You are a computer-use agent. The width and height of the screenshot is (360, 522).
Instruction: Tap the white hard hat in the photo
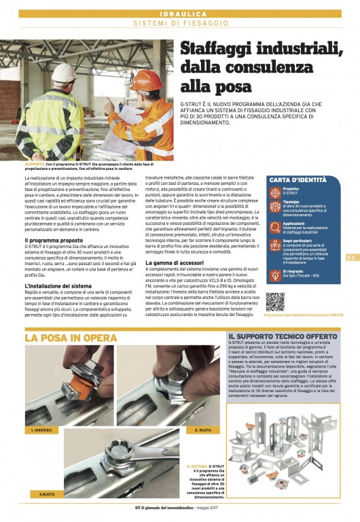[x=64, y=71]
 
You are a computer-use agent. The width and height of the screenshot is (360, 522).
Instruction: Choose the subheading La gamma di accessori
[x=175, y=262]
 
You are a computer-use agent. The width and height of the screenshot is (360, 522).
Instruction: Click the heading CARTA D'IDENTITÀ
[x=297, y=179]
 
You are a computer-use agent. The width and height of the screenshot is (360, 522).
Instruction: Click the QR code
[x=275, y=301]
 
